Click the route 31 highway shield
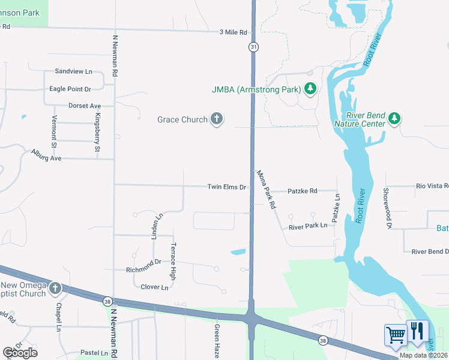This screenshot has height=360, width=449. coord(254,47)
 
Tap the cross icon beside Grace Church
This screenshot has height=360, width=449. coord(217,119)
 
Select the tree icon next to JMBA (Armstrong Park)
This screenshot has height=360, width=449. coord(310,89)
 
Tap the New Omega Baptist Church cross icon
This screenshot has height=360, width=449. coord(55,289)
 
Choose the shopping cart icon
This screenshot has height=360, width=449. coord(396,335)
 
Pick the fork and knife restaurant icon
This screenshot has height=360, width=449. coord(417,332)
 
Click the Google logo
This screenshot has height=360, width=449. coord(20,353)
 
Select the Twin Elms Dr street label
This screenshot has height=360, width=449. coord(226,187)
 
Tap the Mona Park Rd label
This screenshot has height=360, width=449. coord(266,189)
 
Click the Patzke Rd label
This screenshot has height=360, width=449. coord(302,191)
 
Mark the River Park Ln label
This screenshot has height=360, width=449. coord(307,226)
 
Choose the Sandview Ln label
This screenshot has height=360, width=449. coord(73,71)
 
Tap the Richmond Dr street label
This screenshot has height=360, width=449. coord(143,262)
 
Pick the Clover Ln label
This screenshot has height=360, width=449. coord(154,287)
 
